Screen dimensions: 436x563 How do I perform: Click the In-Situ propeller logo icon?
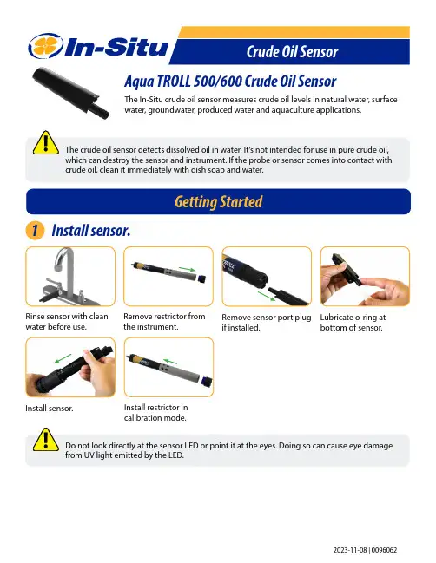pyautogui.click(x=46, y=46)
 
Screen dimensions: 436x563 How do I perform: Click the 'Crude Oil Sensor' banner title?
pyautogui.click(x=292, y=52)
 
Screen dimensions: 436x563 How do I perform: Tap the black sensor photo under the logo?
pyautogui.click(x=70, y=92)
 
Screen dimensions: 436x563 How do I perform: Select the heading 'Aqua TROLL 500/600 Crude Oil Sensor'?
pyautogui.click(x=230, y=82)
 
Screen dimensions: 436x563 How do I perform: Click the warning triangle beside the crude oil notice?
pyautogui.click(x=46, y=143)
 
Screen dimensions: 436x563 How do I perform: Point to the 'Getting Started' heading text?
pyautogui.click(x=219, y=202)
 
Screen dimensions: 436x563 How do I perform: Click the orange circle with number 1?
pyautogui.click(x=35, y=230)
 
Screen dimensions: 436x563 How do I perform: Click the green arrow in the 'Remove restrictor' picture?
pyautogui.click(x=187, y=269)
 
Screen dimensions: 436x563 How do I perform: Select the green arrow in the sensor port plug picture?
pyautogui.click(x=267, y=296)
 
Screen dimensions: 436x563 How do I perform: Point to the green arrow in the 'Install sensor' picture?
pyautogui.click(x=63, y=358)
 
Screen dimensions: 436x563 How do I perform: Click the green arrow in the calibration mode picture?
pyautogui.click(x=170, y=361)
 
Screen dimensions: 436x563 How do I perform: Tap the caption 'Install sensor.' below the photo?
pyautogui.click(x=50, y=409)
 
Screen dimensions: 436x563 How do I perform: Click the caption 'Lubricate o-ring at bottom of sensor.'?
pyautogui.click(x=353, y=322)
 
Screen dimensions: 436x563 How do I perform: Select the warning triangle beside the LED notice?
pyautogui.click(x=46, y=440)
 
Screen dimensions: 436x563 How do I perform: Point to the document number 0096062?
pyautogui.click(x=384, y=550)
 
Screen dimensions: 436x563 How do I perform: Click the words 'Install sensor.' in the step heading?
pyautogui.click(x=91, y=231)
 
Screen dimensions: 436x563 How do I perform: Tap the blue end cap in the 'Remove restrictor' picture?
pyautogui.click(x=201, y=278)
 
